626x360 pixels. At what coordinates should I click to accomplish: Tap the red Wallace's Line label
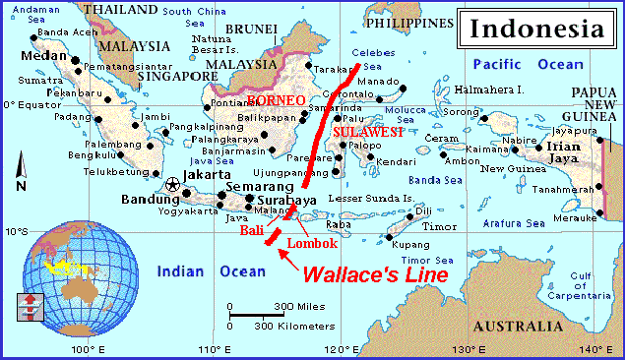374,274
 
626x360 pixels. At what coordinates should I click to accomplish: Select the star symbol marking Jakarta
174,183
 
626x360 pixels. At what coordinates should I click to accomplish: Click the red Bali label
252,229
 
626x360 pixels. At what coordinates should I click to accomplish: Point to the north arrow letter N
21,186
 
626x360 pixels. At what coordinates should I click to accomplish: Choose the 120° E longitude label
342,350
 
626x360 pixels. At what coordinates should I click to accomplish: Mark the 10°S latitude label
16,233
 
